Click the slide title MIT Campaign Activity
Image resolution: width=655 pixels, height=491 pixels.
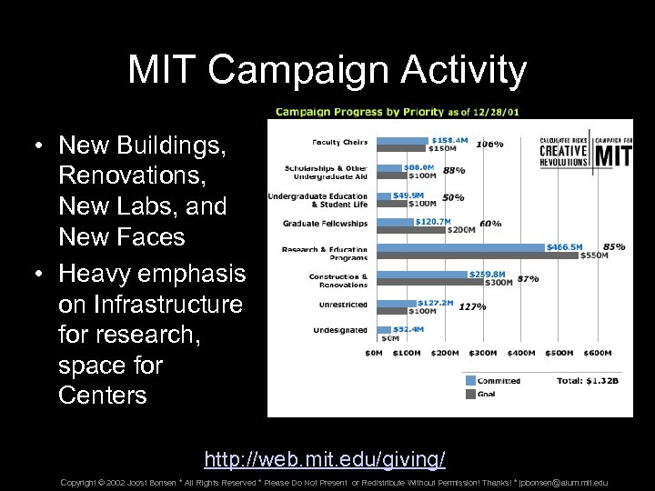tap(327, 70)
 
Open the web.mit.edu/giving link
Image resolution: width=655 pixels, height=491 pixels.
tap(325, 457)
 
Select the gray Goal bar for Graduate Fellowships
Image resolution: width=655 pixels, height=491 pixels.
tap(408, 230)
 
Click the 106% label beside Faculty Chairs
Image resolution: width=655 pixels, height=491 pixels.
tap(490, 144)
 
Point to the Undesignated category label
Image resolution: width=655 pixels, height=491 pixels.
tap(339, 330)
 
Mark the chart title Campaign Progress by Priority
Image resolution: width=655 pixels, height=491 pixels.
tap(359, 112)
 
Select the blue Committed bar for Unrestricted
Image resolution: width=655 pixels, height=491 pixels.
tap(395, 303)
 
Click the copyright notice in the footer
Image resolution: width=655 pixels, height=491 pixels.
tap(333, 483)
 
